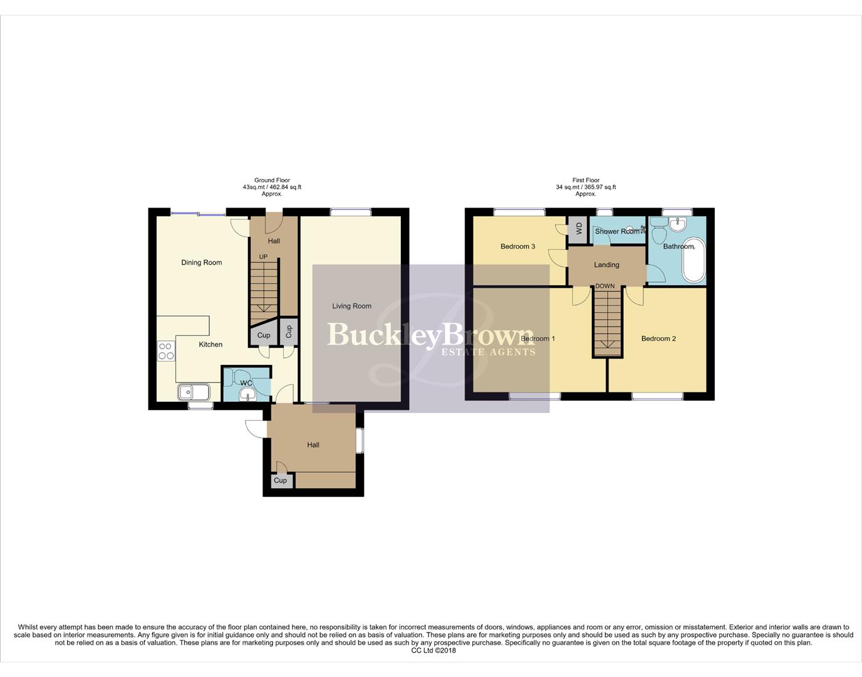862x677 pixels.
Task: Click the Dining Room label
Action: (x=201, y=263)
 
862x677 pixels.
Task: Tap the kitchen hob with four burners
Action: (x=166, y=351)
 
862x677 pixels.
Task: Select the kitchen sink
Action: (x=194, y=392)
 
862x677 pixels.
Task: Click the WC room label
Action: (x=246, y=383)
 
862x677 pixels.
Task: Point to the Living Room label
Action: (x=351, y=306)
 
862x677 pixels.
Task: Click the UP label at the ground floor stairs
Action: (x=263, y=257)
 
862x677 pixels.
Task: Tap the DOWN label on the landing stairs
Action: (x=605, y=286)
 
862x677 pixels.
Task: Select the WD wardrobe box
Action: (x=578, y=228)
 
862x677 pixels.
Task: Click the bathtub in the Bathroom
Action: (x=693, y=260)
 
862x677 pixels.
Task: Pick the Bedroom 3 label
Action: (x=517, y=246)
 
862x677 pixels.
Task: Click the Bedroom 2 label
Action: (x=658, y=338)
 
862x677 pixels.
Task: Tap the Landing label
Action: (x=606, y=265)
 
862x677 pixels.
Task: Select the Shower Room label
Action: (x=617, y=231)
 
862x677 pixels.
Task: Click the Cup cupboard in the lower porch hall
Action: (x=280, y=481)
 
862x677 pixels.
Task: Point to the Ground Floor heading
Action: (x=272, y=181)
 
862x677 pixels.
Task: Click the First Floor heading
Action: (x=586, y=181)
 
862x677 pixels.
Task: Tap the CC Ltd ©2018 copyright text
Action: (x=434, y=651)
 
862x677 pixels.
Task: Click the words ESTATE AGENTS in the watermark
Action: (x=488, y=352)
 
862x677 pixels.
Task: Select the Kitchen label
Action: (x=210, y=344)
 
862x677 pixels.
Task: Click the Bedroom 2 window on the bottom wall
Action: (x=657, y=396)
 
